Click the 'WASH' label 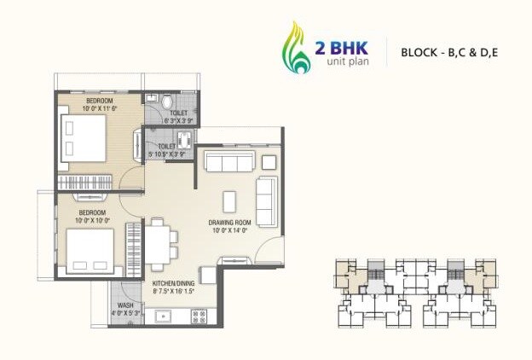coord(125,305)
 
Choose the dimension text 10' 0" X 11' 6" coord(100,108)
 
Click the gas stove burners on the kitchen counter coord(199,317)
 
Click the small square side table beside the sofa coord(269,162)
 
